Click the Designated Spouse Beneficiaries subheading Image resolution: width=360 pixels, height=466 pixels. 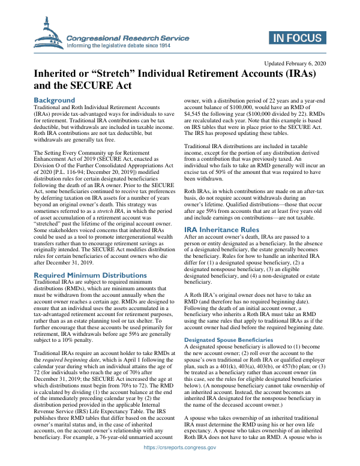233,339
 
